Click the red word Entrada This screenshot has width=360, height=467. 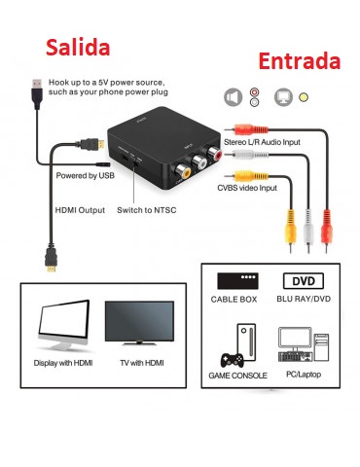tap(300, 61)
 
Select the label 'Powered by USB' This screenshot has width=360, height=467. tap(86, 176)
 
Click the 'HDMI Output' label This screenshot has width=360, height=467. tap(79, 209)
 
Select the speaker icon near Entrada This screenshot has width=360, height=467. tap(233, 97)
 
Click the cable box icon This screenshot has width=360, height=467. tap(237, 280)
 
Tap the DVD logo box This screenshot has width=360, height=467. tap(304, 280)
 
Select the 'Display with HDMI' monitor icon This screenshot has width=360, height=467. tap(63, 328)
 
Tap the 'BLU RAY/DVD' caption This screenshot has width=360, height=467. tap(304, 301)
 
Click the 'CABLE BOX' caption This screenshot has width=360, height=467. tap(237, 301)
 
